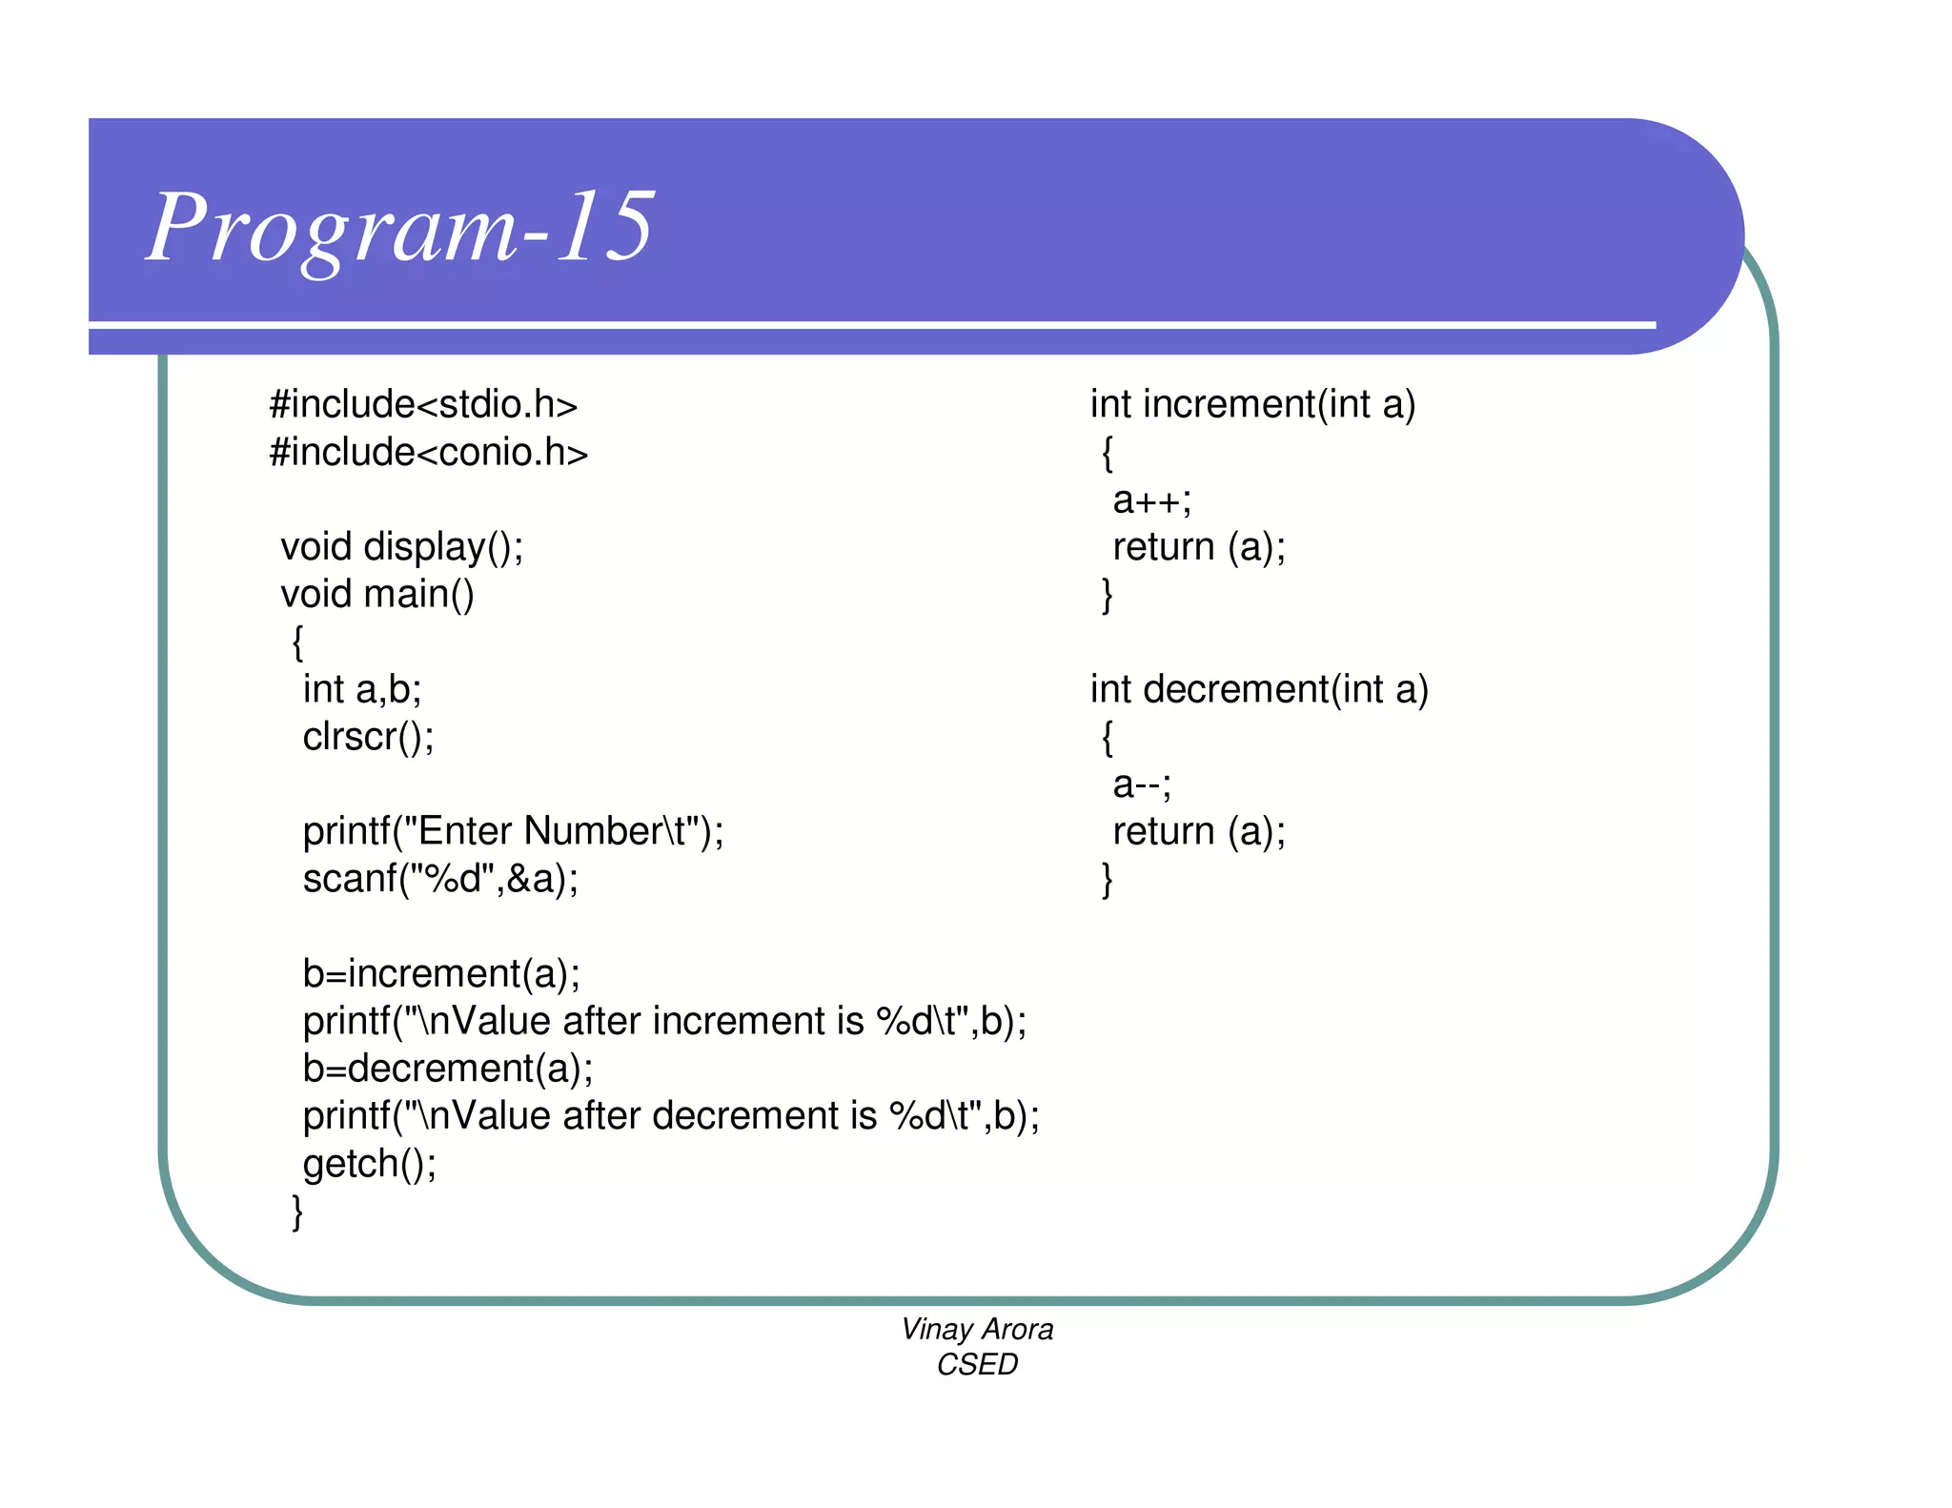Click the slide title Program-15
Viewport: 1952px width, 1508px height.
[400, 227]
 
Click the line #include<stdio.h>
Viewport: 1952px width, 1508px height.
[423, 405]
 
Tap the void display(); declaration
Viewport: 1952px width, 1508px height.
[401, 547]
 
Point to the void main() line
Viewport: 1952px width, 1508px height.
[376, 595]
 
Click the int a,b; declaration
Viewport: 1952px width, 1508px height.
[361, 689]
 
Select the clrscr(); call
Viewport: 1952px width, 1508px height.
[368, 737]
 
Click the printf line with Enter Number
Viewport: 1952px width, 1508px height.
[513, 831]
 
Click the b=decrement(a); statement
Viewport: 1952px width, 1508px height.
[448, 1069]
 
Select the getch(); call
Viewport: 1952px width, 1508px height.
[370, 1164]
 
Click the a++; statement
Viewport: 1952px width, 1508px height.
[1151, 500]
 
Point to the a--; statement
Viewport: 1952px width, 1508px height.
[1142, 785]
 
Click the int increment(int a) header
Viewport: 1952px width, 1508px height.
[1252, 405]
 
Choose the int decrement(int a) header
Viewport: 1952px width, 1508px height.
[1259, 689]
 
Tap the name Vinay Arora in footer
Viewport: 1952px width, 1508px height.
[977, 1329]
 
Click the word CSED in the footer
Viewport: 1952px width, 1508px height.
[977, 1365]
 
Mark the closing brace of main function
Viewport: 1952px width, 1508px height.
[297, 1212]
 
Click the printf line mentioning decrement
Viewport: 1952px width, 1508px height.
[671, 1116]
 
